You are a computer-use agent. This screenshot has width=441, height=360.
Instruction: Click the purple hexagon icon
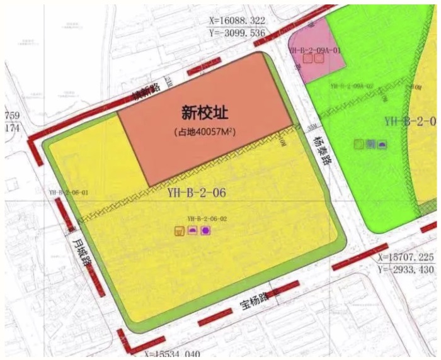pyautogui.click(x=205, y=231)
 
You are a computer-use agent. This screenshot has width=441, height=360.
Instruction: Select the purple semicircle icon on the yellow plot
pyautogui.click(x=193, y=231)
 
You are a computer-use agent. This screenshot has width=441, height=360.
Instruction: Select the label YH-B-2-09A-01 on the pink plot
pyautogui.click(x=314, y=50)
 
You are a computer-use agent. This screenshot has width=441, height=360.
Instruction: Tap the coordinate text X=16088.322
pyautogui.click(x=238, y=21)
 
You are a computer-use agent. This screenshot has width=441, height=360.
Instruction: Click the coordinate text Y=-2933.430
pyautogui.click(x=406, y=269)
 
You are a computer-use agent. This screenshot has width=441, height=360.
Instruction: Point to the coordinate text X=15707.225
pyautogui.click(x=406, y=258)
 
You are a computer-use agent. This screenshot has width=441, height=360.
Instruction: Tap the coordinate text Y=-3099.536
pyautogui.click(x=238, y=32)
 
